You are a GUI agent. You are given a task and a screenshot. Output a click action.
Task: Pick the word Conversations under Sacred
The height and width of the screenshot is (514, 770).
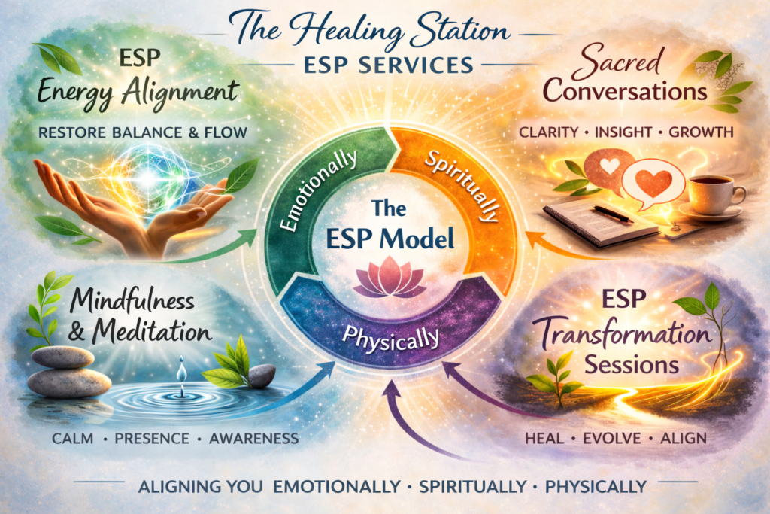click(x=625, y=91)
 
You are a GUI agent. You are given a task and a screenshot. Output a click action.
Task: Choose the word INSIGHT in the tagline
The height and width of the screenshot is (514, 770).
click(x=623, y=133)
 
